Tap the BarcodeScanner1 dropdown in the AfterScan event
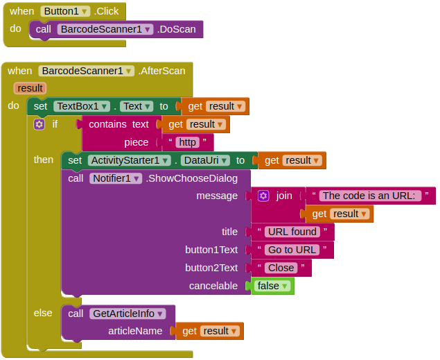pos(86,70)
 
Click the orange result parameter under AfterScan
pos(30,88)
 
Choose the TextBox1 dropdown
pos(82,106)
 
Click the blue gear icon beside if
pos(39,124)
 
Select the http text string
pos(187,142)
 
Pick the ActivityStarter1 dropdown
pos(129,160)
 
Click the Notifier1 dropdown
pos(116,178)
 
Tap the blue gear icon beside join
pos(263,196)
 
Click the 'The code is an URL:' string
pos(371,196)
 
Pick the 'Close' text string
pos(281,268)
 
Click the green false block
pos(272,286)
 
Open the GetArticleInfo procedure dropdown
pos(127,314)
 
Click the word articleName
pos(135,331)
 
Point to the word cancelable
pos(213,286)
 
